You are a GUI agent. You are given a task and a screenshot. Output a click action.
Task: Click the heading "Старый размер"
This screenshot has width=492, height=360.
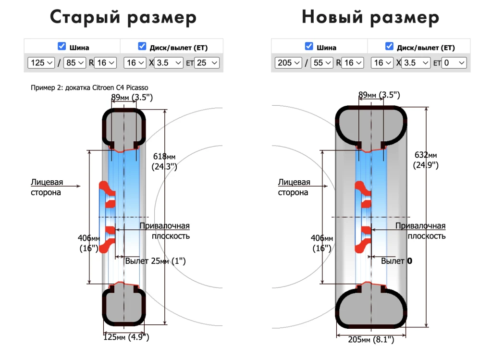123,18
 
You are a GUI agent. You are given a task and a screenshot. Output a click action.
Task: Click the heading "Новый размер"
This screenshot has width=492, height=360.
370,18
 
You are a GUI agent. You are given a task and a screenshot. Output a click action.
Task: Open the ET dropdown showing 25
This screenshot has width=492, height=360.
207,63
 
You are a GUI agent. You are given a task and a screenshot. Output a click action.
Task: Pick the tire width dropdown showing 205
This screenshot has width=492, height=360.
288,63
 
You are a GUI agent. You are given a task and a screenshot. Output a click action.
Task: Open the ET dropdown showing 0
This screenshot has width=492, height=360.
454,63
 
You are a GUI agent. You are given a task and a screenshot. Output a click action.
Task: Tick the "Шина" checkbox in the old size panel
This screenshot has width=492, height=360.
61,47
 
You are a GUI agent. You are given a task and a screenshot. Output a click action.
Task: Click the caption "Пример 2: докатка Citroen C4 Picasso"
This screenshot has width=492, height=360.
89,87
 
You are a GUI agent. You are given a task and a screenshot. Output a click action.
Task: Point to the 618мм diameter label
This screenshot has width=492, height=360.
165,161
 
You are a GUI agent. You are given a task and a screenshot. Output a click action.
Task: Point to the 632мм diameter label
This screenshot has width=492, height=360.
426,160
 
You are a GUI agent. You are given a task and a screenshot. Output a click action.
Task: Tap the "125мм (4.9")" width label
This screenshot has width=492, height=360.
126,337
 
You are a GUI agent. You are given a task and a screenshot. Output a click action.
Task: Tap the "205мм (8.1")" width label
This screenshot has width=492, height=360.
371,340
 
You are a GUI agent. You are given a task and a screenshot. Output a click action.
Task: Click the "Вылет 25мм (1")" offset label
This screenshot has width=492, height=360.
155,261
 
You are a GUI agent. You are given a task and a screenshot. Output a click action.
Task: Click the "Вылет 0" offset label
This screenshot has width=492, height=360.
396,261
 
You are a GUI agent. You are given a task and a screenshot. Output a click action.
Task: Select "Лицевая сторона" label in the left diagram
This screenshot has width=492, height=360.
47,187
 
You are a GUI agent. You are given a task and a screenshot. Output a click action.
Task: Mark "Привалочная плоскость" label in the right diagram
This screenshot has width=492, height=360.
420,231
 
